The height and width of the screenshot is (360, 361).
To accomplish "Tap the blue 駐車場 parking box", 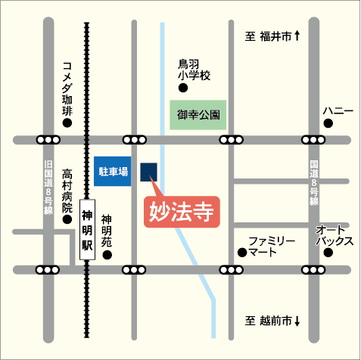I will pyautogui.click(x=113, y=172).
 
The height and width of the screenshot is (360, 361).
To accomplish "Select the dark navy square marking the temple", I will pyautogui.click(x=149, y=172).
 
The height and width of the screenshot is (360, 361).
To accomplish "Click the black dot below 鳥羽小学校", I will pyautogui.click(x=182, y=88).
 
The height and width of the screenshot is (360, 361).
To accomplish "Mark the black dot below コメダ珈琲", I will pyautogui.click(x=67, y=122).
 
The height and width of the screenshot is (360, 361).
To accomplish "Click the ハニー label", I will pyautogui.click(x=338, y=111).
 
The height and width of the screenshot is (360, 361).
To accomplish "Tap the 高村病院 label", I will pyautogui.click(x=67, y=191).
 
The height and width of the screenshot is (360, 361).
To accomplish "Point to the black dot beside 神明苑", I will pyautogui.click(x=107, y=254).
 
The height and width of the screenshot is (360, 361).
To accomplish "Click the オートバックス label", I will pyautogui.click(x=335, y=235).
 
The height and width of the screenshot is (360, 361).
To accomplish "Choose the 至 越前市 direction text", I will pyautogui.click(x=273, y=321).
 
